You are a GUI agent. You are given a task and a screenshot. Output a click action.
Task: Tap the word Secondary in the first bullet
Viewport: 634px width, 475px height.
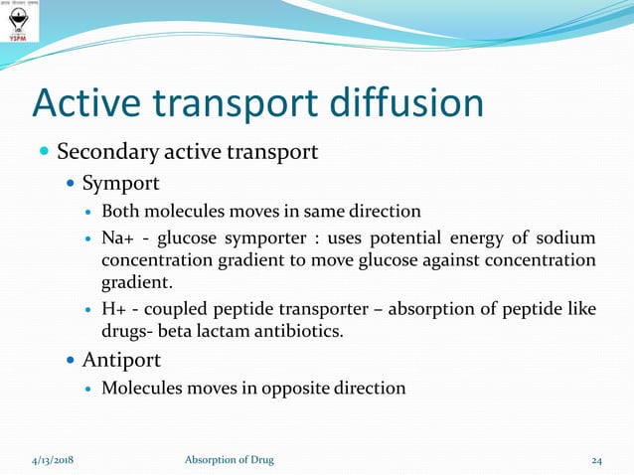point(106,153)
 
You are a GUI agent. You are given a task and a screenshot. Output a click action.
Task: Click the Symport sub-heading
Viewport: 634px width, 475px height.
point(120,184)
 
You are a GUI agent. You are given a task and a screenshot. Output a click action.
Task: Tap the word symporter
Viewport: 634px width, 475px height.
point(274,238)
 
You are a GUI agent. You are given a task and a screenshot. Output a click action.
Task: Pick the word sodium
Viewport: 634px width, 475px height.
point(564,238)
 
